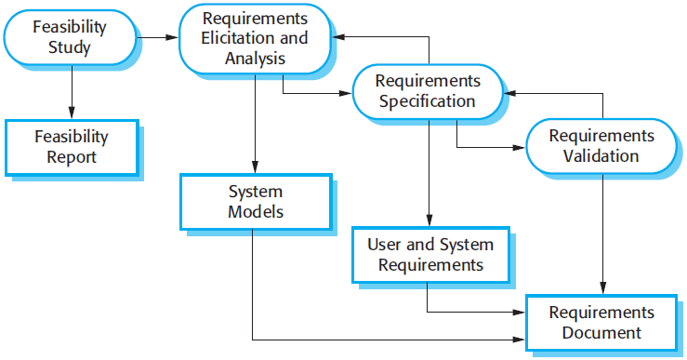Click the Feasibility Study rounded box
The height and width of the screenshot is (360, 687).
pyautogui.click(x=70, y=37)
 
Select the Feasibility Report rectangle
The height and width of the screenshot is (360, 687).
pyautogui.click(x=72, y=147)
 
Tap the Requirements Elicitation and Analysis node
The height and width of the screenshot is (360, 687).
pyautogui.click(x=255, y=38)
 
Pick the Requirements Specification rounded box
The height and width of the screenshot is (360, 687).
pyautogui.click(x=428, y=92)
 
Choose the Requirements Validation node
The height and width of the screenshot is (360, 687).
pyautogui.click(x=601, y=146)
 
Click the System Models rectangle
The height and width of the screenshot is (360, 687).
pyautogui.click(x=256, y=202)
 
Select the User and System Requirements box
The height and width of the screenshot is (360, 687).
pyautogui.click(x=430, y=255)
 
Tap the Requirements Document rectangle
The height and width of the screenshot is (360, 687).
pyautogui.click(x=601, y=323)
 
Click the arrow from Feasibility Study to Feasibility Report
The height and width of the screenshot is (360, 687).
pyautogui.click(x=72, y=92)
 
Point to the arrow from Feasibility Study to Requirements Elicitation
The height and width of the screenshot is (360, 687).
pyautogui.click(x=158, y=38)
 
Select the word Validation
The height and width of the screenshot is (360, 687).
pyautogui.click(x=601, y=156)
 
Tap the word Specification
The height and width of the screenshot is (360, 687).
pyautogui.click(x=428, y=101)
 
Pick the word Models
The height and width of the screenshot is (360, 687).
pyautogui.click(x=256, y=212)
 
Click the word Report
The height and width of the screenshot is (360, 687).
pyautogui.click(x=72, y=157)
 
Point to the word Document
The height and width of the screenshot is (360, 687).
pyautogui.click(x=601, y=333)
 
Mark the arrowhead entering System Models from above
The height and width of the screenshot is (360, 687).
pyautogui.click(x=255, y=167)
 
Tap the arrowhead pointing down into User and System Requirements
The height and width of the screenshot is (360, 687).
pyautogui.click(x=429, y=220)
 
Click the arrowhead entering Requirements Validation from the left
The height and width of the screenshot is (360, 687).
pyautogui.click(x=519, y=147)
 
